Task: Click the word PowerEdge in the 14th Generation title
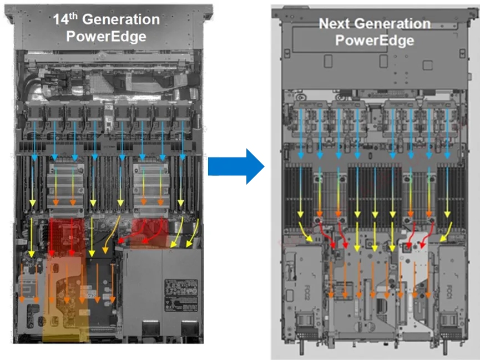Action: [x=107, y=37]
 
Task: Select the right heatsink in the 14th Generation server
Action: [x=150, y=186]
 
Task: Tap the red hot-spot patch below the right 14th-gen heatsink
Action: [x=150, y=232]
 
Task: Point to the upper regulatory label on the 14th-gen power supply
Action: [x=181, y=287]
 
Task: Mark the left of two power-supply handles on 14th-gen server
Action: [x=149, y=327]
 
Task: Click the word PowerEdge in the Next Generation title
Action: [x=375, y=40]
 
